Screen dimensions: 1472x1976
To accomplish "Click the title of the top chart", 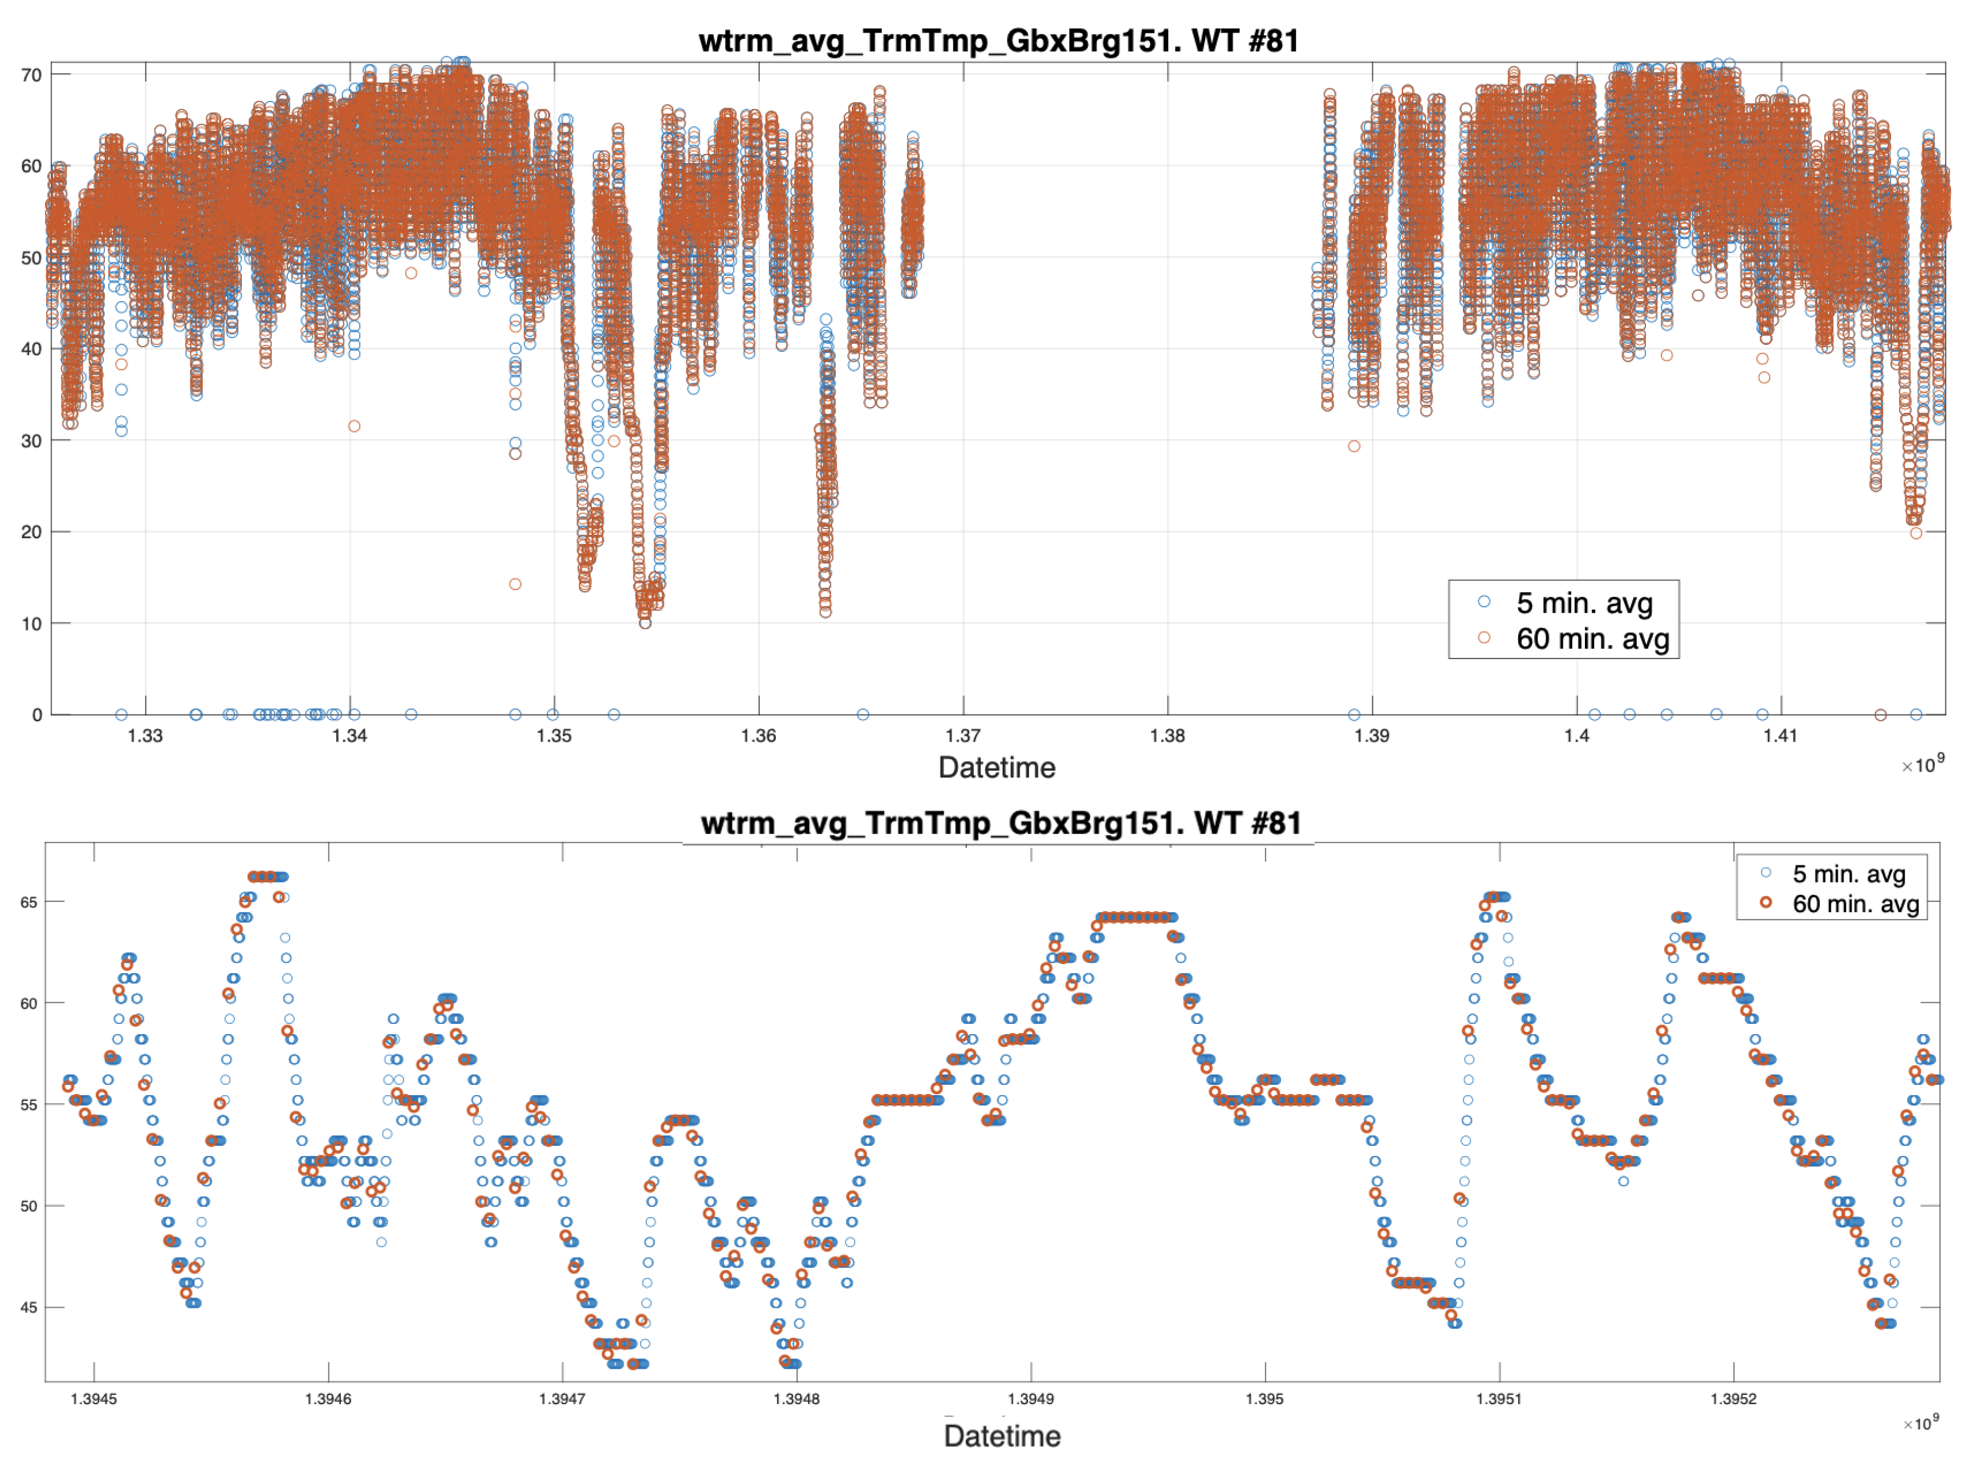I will (998, 41).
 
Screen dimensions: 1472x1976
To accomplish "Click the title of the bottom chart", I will (1001, 823).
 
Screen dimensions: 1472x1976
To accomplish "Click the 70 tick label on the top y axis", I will (31, 75).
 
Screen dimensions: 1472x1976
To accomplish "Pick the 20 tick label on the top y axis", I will (31, 532).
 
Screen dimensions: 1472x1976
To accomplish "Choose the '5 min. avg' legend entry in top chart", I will (1584, 603).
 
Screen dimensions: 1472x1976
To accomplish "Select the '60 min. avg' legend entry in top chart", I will (1592, 639).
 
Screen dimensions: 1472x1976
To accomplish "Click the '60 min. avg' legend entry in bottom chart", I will (1855, 904).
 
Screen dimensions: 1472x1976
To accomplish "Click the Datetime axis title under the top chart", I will (996, 768).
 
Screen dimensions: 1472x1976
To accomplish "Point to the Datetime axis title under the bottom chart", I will (1001, 1436).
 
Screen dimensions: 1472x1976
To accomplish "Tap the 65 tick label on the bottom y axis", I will (29, 902).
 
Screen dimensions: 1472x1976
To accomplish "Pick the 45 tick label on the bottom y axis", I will (29, 1307).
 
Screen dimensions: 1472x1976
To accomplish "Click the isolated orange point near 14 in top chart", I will (515, 584).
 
